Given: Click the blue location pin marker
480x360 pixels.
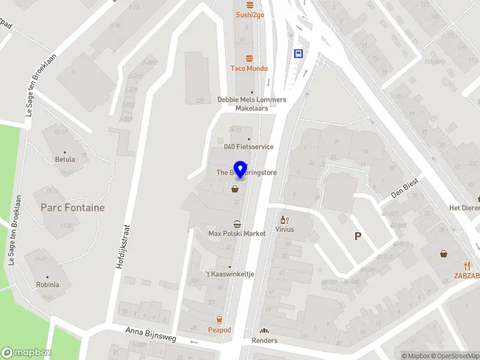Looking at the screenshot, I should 241,169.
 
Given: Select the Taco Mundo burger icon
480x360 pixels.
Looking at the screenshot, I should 249,58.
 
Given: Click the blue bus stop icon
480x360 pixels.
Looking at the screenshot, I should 298,53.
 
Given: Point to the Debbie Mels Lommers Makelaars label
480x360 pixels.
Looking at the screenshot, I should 251,104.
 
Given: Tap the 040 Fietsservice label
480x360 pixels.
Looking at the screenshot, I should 249,146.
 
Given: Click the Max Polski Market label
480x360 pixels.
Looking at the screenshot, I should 237,233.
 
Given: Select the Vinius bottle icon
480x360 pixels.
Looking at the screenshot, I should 284,220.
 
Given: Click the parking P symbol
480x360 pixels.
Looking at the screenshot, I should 358,236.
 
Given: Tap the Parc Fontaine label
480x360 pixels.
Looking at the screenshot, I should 73,208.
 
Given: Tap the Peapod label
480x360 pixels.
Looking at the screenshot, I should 219,330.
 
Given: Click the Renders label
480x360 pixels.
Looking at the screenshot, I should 264,340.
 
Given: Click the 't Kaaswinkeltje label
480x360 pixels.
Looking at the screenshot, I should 230,274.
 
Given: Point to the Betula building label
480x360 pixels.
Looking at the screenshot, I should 65,160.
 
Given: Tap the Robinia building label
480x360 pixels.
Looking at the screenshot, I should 47,285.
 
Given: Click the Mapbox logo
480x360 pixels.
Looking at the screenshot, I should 26,353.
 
